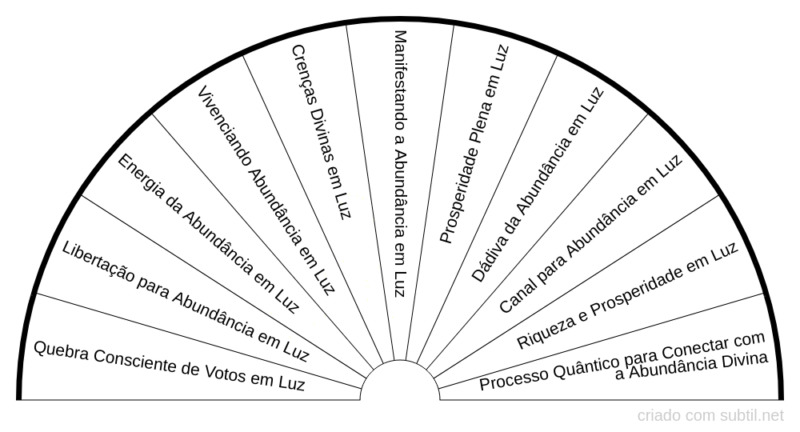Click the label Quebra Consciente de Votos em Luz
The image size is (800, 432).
[170, 365]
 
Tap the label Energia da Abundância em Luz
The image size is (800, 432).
[207, 233]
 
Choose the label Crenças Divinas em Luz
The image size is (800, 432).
[321, 133]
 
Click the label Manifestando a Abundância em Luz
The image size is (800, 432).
[400, 163]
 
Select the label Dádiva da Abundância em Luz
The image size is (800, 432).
[537, 183]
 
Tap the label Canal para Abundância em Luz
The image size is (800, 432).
[590, 234]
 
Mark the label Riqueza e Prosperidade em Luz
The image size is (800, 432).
[627, 297]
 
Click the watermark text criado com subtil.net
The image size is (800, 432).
[710, 415]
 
